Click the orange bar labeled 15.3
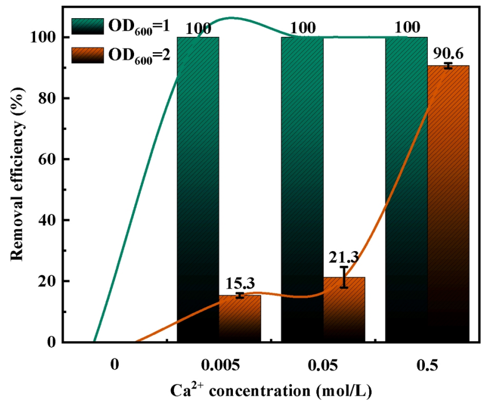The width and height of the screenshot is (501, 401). [x=240, y=319]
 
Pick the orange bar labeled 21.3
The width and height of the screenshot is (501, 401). [x=344, y=310]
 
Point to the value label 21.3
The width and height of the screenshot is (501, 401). [x=344, y=258]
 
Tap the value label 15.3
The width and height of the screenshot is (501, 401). [x=240, y=282]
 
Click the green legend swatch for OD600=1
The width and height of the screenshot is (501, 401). [x=86, y=27]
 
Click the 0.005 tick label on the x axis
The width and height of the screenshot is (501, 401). [x=219, y=365]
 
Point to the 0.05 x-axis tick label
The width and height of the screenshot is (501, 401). [x=323, y=365]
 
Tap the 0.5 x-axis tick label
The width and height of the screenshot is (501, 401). [x=427, y=365]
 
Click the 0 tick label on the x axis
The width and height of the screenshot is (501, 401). [x=115, y=365]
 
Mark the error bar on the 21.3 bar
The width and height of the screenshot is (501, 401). [x=344, y=277]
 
